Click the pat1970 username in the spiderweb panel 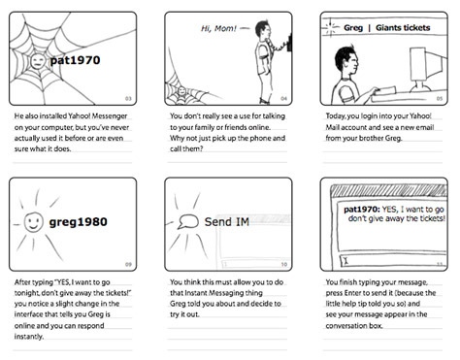pos(75,60)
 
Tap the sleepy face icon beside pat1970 pos(38,61)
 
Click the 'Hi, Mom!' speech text pos(218,28)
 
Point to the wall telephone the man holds pos(289,42)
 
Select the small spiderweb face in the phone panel pos(181,91)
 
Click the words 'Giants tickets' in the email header pos(403,28)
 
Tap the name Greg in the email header pos(353,28)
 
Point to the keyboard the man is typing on pos(384,90)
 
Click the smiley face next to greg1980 pos(33,222)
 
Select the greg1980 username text pos(78,222)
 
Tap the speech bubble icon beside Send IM pos(188,221)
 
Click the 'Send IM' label pos(227,222)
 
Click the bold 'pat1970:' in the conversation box pos(362,210)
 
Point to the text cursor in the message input pos(345,261)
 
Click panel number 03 pos(128,99)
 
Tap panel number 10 pos(284,264)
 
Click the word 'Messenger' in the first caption pos(110,115)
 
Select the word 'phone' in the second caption pos(260,138)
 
